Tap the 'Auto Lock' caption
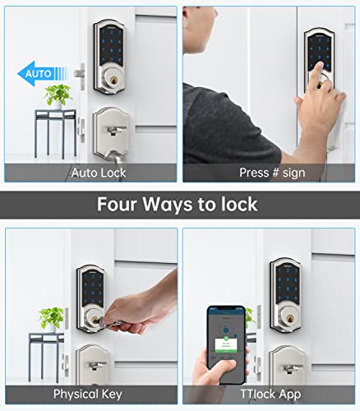99,173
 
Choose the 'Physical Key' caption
88,394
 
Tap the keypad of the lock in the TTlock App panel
284,286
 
